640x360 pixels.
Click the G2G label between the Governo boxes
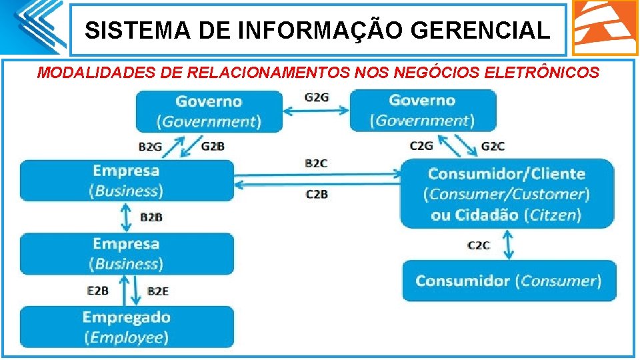point(317,97)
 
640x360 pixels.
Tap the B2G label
point(151,147)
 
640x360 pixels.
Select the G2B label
point(213,147)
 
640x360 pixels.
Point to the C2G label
point(421,146)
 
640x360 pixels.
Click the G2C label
point(493,146)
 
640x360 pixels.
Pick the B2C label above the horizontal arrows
point(317,163)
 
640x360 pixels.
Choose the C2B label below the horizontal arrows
point(317,194)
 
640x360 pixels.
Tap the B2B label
point(151,217)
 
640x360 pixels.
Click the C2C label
point(478,245)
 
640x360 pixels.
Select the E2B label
point(98,291)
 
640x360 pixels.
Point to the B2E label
point(158,291)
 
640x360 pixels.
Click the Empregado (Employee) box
point(127,327)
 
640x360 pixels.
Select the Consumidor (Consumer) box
point(509,281)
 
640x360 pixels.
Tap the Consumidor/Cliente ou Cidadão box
point(507,194)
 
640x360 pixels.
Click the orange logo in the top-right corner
point(605,27)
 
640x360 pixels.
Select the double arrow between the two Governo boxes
point(317,111)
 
